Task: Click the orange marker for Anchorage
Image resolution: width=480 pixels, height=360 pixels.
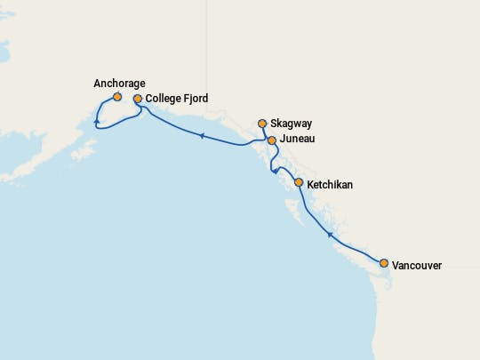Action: [x=117, y=97]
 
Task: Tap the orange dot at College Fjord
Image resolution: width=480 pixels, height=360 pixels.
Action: [x=138, y=99]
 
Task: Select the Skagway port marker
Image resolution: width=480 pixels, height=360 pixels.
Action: [x=262, y=124]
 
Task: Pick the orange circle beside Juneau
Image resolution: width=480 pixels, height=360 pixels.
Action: [x=272, y=140]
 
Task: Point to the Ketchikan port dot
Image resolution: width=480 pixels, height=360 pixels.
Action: [x=299, y=184]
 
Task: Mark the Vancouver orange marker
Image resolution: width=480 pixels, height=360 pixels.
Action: [x=384, y=263]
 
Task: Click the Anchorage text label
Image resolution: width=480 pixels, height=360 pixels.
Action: [x=119, y=84]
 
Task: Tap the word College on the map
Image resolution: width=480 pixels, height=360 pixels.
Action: [x=164, y=99]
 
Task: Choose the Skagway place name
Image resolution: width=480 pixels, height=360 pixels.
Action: [x=292, y=124]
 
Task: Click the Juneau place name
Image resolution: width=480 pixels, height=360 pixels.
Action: [x=296, y=140]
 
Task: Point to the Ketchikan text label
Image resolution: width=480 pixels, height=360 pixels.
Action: [x=330, y=185]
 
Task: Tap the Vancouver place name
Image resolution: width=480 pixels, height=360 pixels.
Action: [x=417, y=265]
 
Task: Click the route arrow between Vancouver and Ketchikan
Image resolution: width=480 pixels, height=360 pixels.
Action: [x=330, y=235]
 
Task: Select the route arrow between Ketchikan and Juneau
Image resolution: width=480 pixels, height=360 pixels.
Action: [x=276, y=170]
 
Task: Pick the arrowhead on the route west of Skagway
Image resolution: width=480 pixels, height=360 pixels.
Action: [x=202, y=136]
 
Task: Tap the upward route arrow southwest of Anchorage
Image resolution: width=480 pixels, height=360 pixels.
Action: [x=96, y=121]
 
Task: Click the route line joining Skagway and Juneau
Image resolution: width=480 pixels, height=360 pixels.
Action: [x=267, y=132]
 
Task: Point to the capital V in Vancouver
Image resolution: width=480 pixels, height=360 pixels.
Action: [x=396, y=265]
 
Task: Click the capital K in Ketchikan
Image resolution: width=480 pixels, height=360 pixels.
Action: [x=310, y=185]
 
